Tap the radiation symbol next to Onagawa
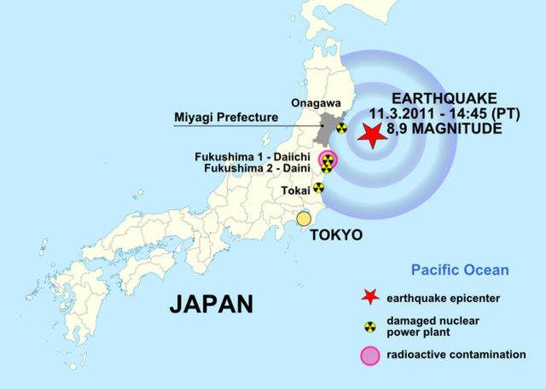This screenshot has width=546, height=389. click(341, 129)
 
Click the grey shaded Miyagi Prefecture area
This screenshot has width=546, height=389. click(324, 128)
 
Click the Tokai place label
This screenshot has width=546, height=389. click(295, 191)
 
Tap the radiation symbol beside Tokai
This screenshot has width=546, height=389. click(318, 188)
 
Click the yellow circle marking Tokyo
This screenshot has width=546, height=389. click(304, 219)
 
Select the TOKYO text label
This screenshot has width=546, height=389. click(334, 234)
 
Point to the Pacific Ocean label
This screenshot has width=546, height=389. click(460, 270)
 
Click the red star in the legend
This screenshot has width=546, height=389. click(369, 298)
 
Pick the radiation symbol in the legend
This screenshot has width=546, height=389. click(369, 327)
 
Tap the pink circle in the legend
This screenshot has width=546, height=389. click(369, 356)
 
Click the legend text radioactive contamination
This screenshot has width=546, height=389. click(456, 355)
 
